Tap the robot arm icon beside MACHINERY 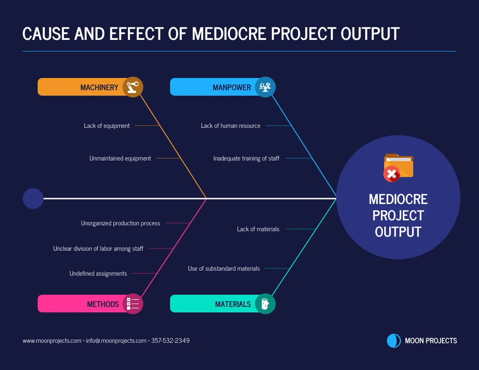pyautogui.click(x=132, y=87)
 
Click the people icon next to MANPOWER pyautogui.click(x=265, y=87)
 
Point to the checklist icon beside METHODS pyautogui.click(x=132, y=304)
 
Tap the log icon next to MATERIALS pyautogui.click(x=265, y=304)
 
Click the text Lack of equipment pyautogui.click(x=107, y=126)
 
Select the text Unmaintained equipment pyautogui.click(x=120, y=158)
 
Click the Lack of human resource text pyautogui.click(x=230, y=126)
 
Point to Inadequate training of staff pyautogui.click(x=246, y=158)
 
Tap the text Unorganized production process pyautogui.click(x=120, y=223)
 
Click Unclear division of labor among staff pyautogui.click(x=98, y=248)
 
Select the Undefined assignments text pyautogui.click(x=98, y=273)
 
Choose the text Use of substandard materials pyautogui.click(x=224, y=268)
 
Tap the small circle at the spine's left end pyautogui.click(x=33, y=199)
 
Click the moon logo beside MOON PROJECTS pyautogui.click(x=394, y=341)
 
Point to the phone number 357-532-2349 pyautogui.click(x=171, y=341)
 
